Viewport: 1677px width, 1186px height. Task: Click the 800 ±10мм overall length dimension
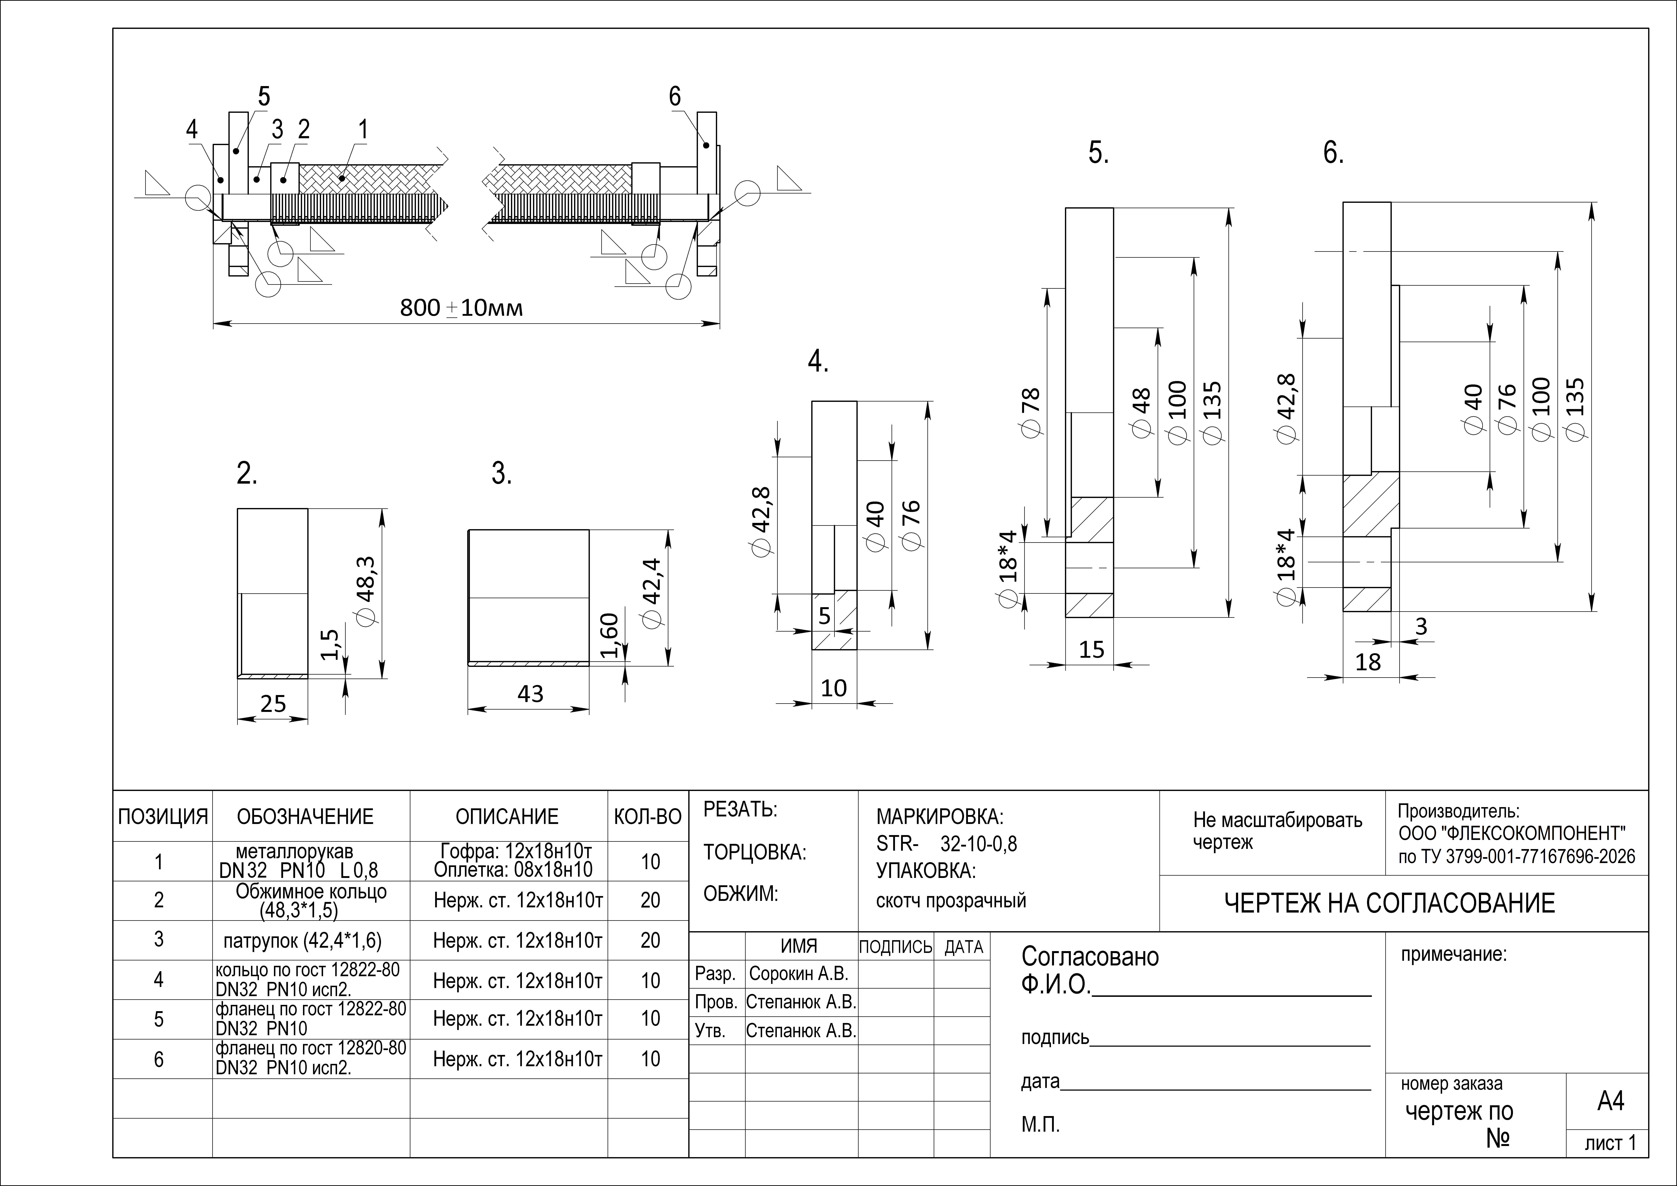pyautogui.click(x=462, y=308)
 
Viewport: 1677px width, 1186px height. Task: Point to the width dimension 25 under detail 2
pyautogui.click(x=273, y=704)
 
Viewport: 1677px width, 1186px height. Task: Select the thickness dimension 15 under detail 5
pyautogui.click(x=1092, y=649)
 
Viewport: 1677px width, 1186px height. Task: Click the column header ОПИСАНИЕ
pyautogui.click(x=507, y=816)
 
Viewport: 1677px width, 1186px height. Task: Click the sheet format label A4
pyautogui.click(x=1610, y=1100)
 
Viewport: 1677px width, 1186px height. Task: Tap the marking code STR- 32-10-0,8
pyautogui.click(x=947, y=844)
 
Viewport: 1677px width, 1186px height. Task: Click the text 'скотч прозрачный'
pyautogui.click(x=951, y=900)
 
